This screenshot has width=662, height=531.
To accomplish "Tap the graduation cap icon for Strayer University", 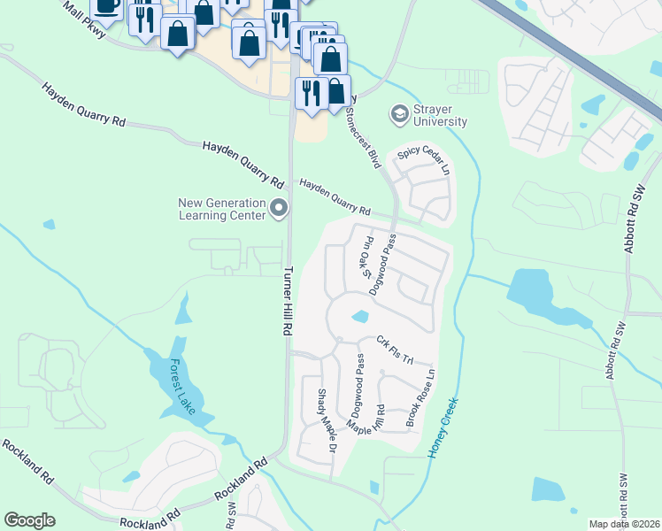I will click(399, 114).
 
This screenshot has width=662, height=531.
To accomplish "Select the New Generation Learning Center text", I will click(222, 209).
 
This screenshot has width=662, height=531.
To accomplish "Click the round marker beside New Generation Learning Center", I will click(279, 209).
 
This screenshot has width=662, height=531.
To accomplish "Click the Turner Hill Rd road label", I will click(287, 301).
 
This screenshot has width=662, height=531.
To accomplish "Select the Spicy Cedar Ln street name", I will click(424, 158).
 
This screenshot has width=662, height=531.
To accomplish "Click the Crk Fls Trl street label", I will click(395, 349).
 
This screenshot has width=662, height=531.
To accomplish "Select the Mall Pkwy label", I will click(84, 19).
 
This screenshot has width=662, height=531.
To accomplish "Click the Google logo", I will click(29, 520).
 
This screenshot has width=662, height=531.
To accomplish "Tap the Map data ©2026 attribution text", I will click(623, 524).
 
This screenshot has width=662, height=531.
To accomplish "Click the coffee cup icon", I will click(106, 7).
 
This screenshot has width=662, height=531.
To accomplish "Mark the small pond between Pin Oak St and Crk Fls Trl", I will click(359, 317).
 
